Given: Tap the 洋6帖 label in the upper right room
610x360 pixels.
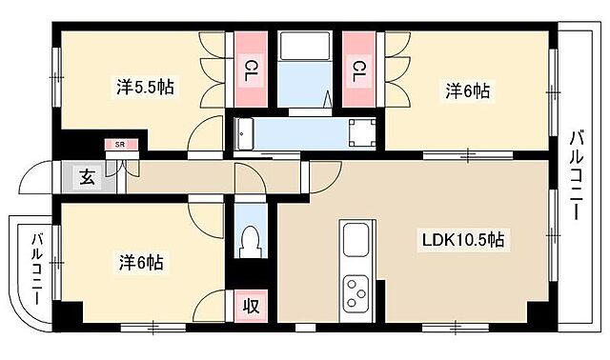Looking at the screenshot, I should point(467,90).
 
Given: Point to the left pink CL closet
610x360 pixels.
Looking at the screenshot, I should point(249,71).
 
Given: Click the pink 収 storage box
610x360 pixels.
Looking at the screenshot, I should point(251,307).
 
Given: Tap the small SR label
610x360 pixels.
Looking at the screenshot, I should point(120,144).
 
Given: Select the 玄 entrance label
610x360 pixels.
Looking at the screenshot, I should point(87,177).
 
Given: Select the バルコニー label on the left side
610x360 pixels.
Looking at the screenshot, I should point(36,268).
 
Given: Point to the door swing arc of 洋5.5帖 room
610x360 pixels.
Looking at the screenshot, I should point(205,138).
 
